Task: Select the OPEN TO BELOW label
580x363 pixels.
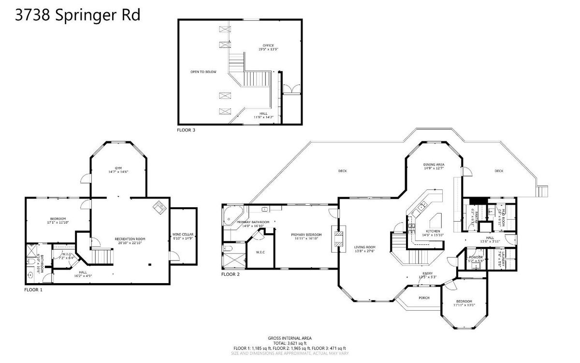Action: [x=203, y=72]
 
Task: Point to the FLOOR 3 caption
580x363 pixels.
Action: [x=186, y=130]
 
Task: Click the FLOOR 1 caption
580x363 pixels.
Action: [x=33, y=290]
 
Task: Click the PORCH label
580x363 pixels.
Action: [x=424, y=298]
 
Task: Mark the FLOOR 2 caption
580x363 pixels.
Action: [x=231, y=274]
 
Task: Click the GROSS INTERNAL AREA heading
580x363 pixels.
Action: [x=290, y=338]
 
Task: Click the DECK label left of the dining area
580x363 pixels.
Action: [x=342, y=171]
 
